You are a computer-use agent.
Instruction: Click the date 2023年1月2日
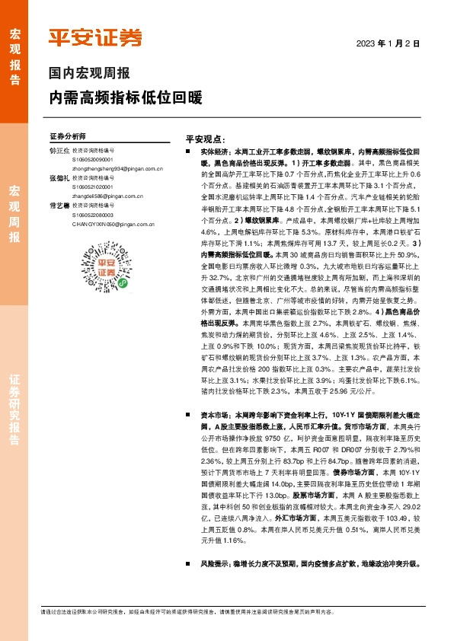388,44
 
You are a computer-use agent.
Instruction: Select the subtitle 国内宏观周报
89,74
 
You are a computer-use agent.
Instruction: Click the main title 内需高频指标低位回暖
126,98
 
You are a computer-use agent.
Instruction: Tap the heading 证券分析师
68,133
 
